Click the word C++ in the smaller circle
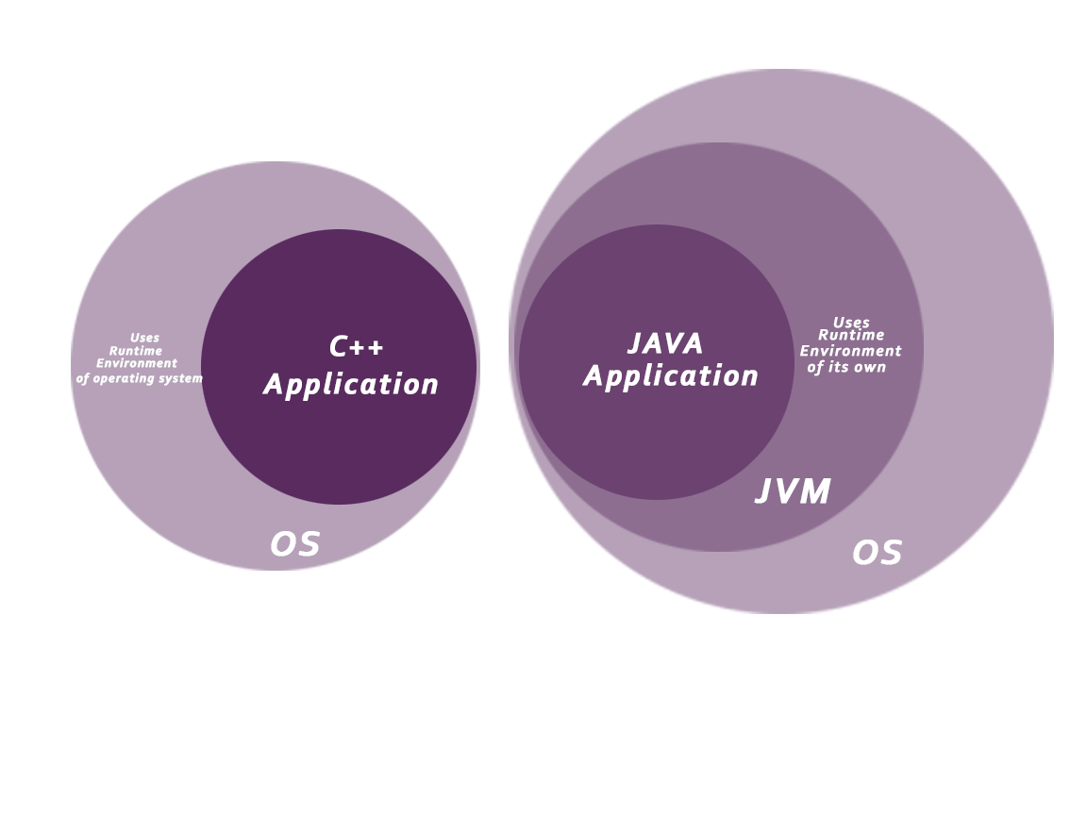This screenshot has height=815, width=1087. click(357, 348)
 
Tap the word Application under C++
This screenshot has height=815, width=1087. click(351, 385)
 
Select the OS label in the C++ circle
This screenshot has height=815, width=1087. click(294, 545)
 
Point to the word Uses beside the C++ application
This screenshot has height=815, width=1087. click(144, 338)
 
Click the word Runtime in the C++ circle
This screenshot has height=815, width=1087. click(136, 351)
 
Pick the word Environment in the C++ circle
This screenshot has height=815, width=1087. click(137, 363)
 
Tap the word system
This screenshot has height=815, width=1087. click(183, 379)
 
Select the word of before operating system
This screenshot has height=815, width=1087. click(83, 379)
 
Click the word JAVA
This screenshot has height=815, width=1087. click(665, 344)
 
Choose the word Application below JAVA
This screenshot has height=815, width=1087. click(671, 376)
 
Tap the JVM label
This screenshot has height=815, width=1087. click(793, 492)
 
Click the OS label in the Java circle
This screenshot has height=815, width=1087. click(877, 553)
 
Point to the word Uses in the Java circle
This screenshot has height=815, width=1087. click(851, 323)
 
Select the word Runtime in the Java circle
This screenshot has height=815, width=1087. click(851, 336)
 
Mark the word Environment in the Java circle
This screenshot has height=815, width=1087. click(850, 352)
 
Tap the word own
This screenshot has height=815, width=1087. click(870, 368)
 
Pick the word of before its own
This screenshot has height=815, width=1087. click(815, 368)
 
